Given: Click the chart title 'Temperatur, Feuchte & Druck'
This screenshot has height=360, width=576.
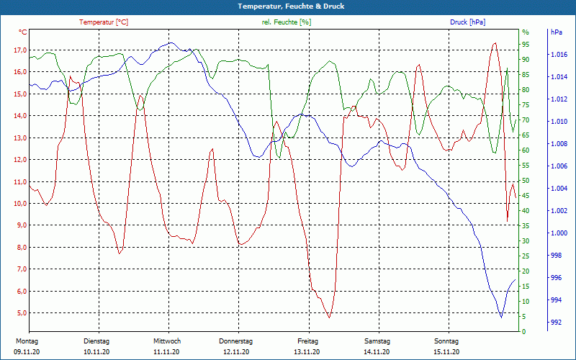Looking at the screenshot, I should (x=288, y=6).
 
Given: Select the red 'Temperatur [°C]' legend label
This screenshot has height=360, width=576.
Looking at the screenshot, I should (x=104, y=22).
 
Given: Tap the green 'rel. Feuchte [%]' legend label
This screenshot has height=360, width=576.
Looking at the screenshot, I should (x=287, y=22).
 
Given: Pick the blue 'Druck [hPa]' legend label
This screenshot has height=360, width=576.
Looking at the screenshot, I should (x=468, y=22).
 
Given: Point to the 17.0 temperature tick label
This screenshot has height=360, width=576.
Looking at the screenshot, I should (x=19, y=50).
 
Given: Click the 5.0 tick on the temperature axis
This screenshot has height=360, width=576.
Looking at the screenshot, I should (x=19, y=313).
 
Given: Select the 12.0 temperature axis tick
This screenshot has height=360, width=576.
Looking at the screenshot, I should (x=19, y=160).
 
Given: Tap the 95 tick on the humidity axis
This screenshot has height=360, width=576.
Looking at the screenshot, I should (x=526, y=45).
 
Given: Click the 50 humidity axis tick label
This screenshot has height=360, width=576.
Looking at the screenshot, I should (x=526, y=181).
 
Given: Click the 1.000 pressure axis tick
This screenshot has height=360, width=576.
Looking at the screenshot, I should (x=559, y=233).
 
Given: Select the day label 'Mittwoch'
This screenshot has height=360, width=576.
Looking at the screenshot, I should (x=167, y=341).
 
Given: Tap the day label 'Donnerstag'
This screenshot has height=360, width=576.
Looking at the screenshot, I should (x=236, y=341).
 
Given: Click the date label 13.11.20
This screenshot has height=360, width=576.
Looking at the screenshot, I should (x=307, y=352).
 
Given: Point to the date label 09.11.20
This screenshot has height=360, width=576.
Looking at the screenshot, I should (x=27, y=352).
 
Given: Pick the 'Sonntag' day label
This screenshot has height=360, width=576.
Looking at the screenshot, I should (x=446, y=341).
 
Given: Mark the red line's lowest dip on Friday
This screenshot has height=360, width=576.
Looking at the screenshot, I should (x=329, y=318).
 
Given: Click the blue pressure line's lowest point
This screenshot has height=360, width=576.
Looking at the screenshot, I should (x=501, y=317).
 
